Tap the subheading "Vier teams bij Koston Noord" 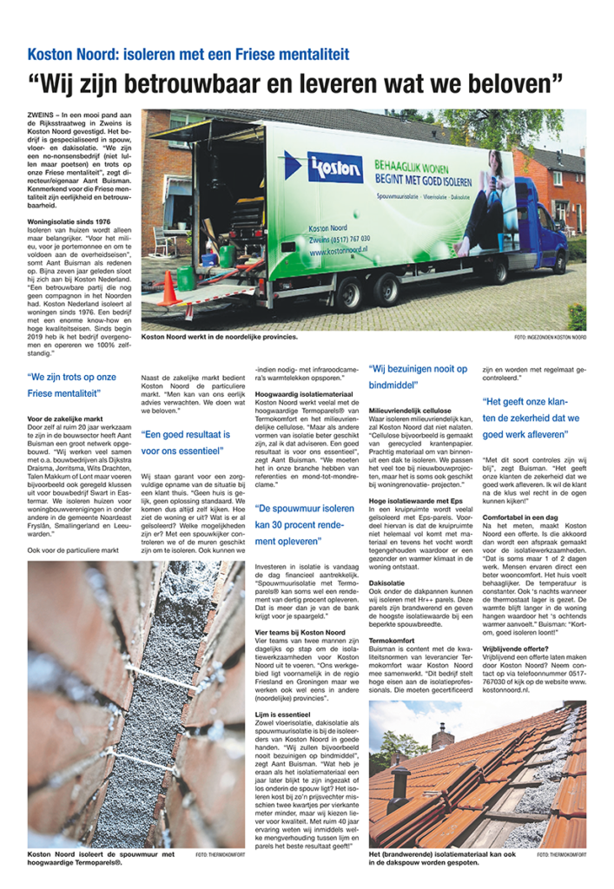coord(294,608)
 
